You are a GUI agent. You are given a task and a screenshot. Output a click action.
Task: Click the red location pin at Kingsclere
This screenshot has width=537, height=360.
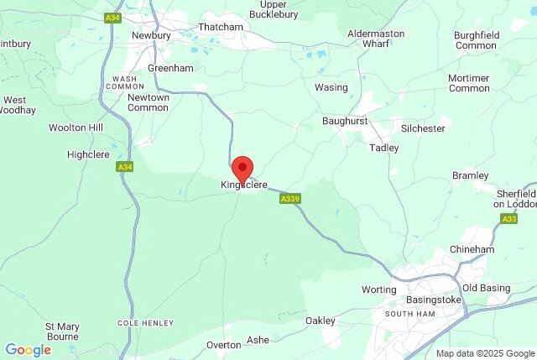tap(242, 169)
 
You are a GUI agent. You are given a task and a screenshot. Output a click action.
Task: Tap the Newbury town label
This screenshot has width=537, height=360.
tap(151, 36)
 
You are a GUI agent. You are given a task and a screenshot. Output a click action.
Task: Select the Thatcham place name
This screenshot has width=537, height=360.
tap(220, 28)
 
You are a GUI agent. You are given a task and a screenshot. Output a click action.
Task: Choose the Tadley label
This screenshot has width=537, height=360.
tap(384, 148)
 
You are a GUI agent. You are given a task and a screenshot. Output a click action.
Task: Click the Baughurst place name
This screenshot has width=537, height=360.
tap(345, 122)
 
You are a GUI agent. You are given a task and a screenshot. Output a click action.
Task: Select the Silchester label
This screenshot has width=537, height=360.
tap(422, 129)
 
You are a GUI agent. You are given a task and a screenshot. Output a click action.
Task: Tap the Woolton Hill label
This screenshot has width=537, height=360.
tap(99, 128)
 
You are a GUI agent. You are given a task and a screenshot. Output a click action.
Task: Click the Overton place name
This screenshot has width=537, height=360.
tap(224, 345)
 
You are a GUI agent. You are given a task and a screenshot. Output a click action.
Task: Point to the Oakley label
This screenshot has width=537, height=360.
tap(320, 321)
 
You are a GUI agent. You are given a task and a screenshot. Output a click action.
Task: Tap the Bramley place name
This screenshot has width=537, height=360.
tap(470, 175)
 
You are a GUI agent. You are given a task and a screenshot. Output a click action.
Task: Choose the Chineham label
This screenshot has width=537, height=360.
tap(472, 249)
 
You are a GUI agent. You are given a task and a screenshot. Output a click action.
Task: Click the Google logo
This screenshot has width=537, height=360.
tap(28, 350)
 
